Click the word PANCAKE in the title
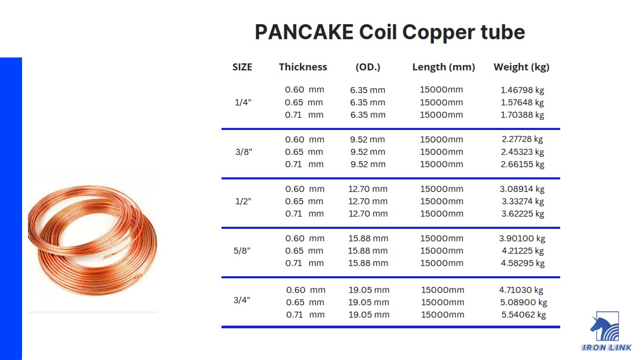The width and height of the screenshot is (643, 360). tap(304, 32)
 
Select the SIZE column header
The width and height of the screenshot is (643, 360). tap(242, 67)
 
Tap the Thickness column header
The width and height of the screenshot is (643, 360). tap(303, 67)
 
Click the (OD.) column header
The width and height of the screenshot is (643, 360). tap(368, 67)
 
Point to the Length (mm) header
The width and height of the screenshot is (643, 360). tap(444, 67)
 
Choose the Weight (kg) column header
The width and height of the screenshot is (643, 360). tap(521, 67)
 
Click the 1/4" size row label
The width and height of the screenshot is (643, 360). tap(243, 102)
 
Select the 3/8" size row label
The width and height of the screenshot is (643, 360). tap(244, 152)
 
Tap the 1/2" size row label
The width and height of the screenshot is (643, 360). tap(243, 201)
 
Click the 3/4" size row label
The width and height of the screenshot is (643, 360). tap(242, 300)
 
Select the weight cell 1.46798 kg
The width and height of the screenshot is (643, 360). tap(522, 90)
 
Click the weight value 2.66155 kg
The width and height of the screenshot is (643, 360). tap(523, 164)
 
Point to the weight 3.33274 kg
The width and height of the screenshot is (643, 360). tap(522, 201)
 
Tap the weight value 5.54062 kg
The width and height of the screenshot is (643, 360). tap(524, 315)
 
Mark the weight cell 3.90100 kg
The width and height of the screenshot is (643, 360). tap(522, 239)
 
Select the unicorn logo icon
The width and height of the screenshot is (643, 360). tap(604, 327)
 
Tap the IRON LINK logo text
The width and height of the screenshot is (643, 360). tap(606, 348)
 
